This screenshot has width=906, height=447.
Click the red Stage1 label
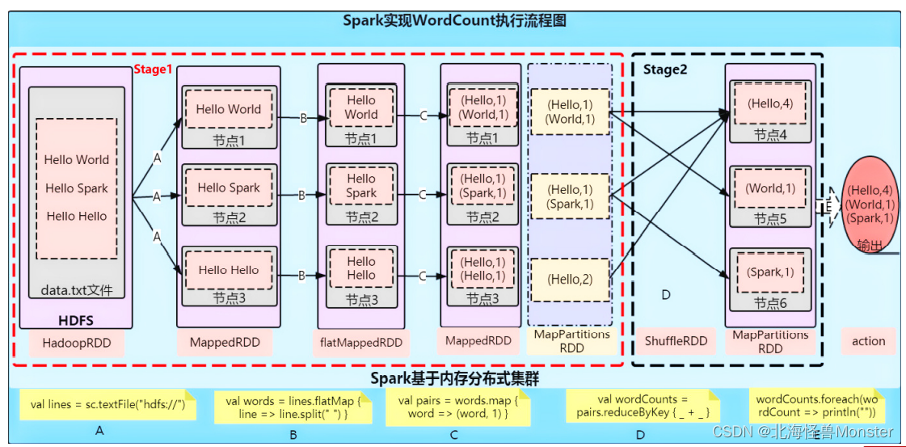(153, 70)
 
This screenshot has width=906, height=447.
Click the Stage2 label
(665, 70)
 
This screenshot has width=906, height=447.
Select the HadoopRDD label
(76, 343)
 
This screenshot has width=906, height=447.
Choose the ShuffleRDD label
(676, 341)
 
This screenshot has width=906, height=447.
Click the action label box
(868, 341)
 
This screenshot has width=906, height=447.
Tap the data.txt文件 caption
(76, 289)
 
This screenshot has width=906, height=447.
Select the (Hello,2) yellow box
(569, 280)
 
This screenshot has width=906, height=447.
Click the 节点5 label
(770, 219)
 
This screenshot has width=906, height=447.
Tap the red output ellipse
(870, 204)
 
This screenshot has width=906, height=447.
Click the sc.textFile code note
(107, 405)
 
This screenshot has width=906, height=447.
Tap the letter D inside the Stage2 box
(666, 295)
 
